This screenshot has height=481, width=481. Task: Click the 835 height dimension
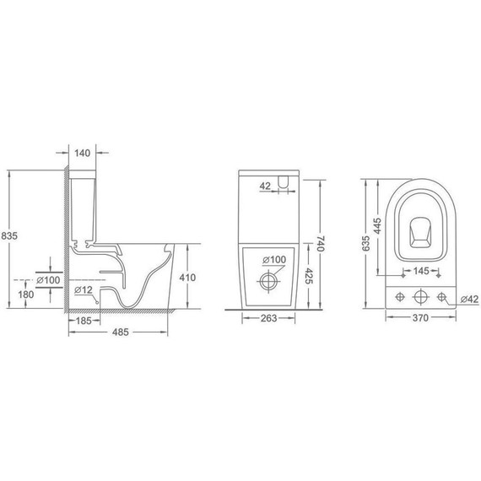point(9,236)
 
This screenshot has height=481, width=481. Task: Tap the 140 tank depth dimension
point(82,153)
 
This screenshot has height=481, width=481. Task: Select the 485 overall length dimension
point(120,332)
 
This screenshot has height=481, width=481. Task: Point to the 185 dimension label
point(84,321)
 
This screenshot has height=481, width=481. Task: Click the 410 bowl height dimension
point(187,278)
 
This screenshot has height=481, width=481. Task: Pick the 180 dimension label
point(26,295)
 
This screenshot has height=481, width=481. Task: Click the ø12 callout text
point(84,289)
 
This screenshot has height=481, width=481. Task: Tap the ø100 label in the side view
point(48,280)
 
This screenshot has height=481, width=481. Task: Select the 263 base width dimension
point(268,318)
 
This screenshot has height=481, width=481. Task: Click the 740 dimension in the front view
point(320,244)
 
